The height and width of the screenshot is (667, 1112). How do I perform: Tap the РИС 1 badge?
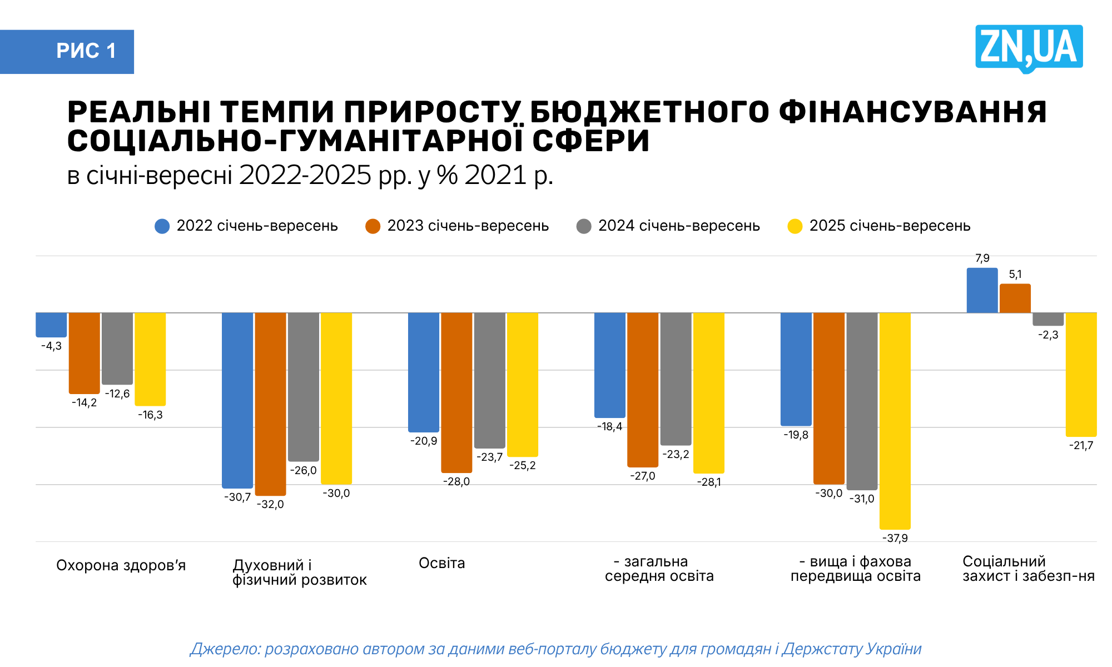(x=67, y=51)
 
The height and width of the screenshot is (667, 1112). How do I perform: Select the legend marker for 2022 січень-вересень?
(x=162, y=226)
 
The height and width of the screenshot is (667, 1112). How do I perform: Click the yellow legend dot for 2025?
(x=795, y=226)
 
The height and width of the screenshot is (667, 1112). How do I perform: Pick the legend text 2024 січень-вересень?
(x=679, y=226)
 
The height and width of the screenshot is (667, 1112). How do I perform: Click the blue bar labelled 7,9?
(x=982, y=291)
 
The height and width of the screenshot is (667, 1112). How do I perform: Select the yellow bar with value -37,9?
(x=895, y=421)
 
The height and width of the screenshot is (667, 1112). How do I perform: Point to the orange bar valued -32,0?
(x=270, y=404)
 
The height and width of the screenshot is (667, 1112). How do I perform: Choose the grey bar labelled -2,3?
(x=1048, y=319)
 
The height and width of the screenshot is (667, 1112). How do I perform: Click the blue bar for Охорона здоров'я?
(x=51, y=325)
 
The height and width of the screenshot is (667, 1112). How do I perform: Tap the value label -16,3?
(x=150, y=415)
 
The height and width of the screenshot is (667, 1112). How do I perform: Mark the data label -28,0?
(x=456, y=482)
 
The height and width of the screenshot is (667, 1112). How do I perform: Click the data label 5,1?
(x=1015, y=275)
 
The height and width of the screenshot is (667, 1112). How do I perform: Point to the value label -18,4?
(x=609, y=427)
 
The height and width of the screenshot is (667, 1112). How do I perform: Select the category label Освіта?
(x=441, y=563)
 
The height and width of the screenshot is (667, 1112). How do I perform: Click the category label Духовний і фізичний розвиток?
(x=299, y=573)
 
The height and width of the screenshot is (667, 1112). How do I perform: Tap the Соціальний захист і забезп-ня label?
(x=1028, y=569)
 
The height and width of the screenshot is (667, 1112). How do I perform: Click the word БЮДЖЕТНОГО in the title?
(x=649, y=112)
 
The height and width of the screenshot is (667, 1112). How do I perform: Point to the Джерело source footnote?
(x=556, y=649)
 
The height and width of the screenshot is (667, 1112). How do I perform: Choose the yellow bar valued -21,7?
(x=1081, y=374)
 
